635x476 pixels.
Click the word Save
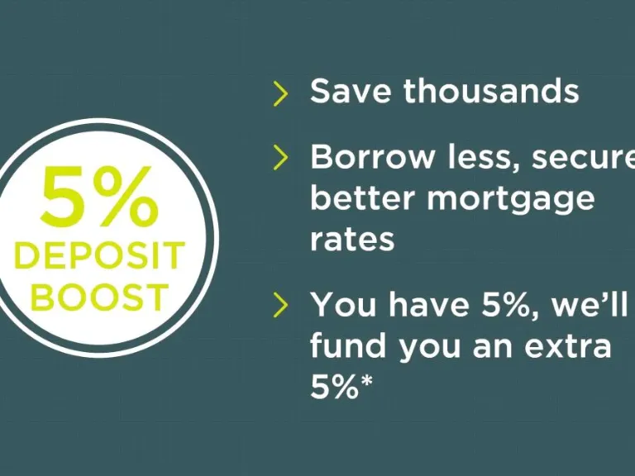tap(351, 90)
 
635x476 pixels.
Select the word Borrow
tap(372, 157)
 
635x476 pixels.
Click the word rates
tap(352, 239)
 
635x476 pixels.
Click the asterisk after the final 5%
tap(365, 381)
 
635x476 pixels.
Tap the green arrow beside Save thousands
tap(280, 93)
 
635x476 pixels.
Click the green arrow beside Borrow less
tap(280, 157)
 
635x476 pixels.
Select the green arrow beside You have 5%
tap(280, 304)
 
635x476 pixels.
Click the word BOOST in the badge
tap(99, 297)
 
